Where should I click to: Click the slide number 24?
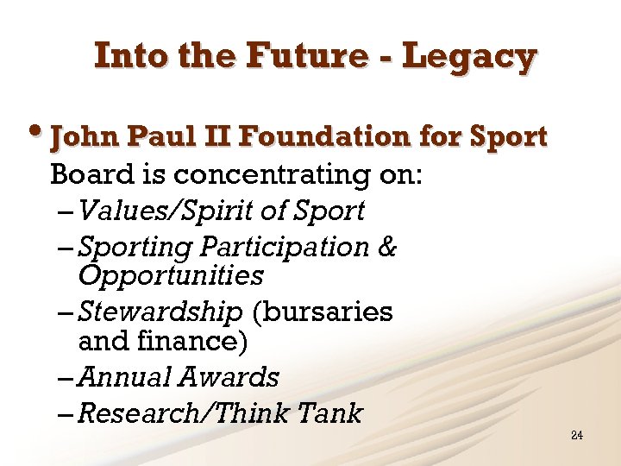coord(577,435)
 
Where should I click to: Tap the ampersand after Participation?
coord(387,247)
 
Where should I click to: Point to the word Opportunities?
coord(171,276)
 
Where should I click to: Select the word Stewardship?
coord(160,312)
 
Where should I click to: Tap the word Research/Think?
coord(183,413)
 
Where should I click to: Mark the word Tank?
coord(329,413)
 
